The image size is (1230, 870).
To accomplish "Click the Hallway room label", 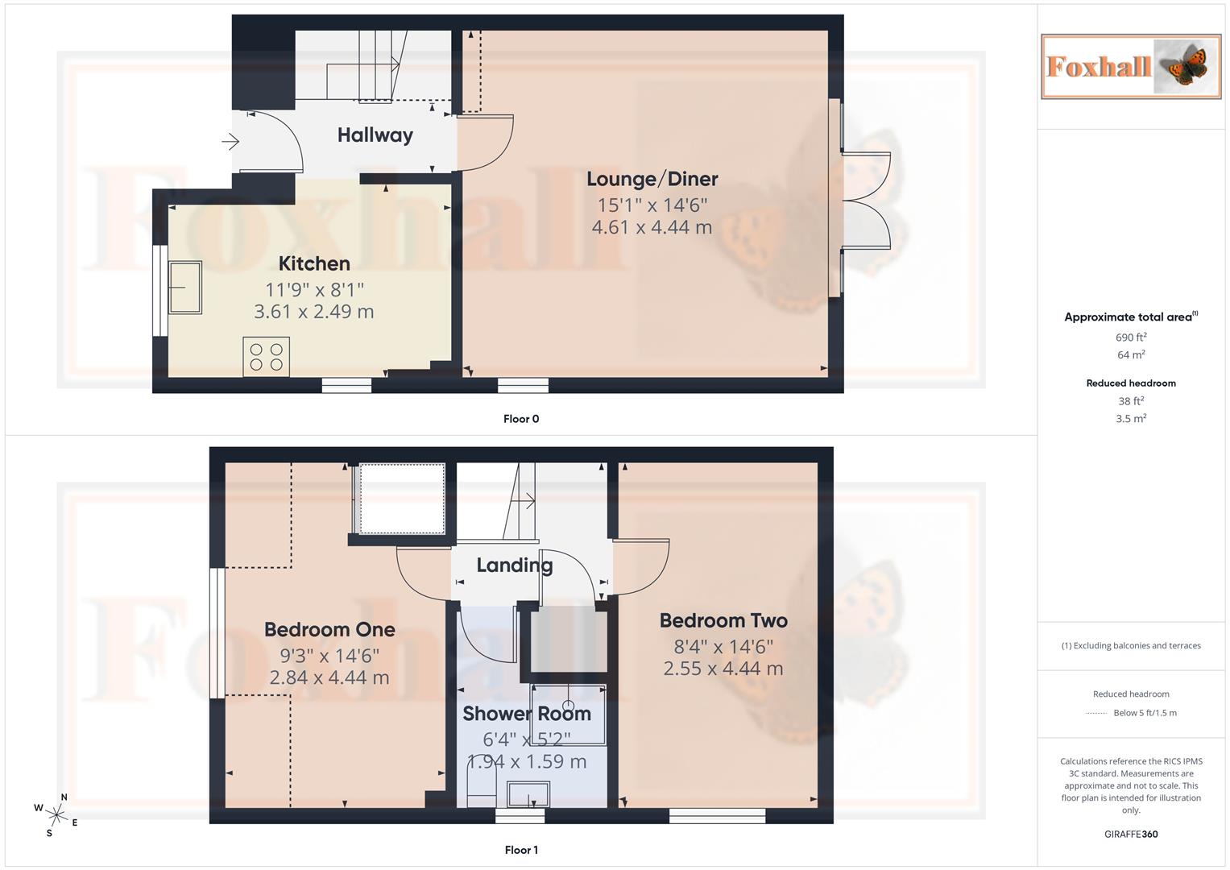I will pos(375,135).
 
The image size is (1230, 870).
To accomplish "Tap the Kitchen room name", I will pos(314,263).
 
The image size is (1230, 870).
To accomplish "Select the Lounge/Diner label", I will pos(652,179).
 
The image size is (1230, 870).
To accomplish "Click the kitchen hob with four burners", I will pos(267,356).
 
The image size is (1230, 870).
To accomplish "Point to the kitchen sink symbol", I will pos(184,287).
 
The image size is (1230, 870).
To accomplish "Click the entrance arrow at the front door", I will pos(230,143).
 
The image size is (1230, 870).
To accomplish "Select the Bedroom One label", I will pos(329,629).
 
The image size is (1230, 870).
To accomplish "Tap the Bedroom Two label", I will pos(723,620).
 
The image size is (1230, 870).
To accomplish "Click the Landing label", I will pos(514,565).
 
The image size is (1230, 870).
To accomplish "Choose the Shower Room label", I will pos(527,714).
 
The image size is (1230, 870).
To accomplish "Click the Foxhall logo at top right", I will pos(1130,66).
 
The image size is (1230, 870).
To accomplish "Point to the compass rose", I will pos(56,814).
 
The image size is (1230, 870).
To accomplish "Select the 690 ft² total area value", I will pos(1130,338).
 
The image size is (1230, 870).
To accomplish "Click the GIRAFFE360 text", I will pos(1130,834).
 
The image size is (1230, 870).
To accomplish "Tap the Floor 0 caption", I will pos(521,419).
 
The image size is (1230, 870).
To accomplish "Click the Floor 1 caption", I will pos(521,850).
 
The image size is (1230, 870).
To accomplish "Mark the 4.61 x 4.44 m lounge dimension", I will pos(652,228).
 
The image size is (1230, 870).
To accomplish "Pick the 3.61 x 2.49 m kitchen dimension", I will pos(314,312).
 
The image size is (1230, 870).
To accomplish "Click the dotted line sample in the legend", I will pos(1096,713).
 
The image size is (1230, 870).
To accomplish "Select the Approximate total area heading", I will pos(1130,317).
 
